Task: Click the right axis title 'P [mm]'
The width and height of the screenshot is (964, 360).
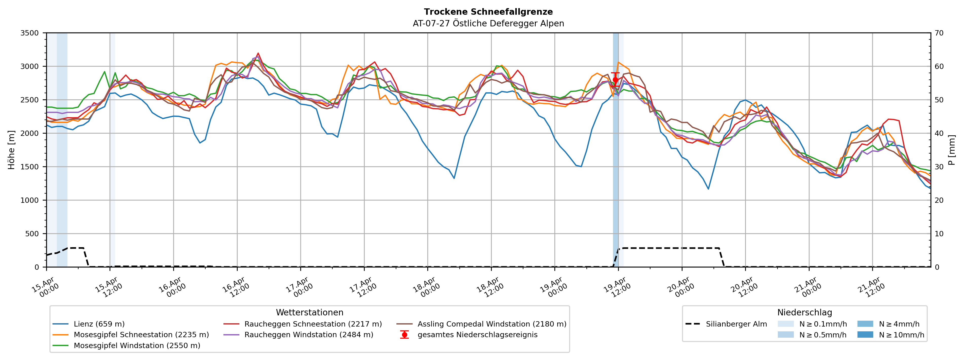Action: pyautogui.click(x=952, y=150)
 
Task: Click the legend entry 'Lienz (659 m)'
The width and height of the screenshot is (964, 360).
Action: pyautogui.click(x=99, y=324)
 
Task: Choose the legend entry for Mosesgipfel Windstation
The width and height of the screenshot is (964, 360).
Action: pyautogui.click(x=137, y=345)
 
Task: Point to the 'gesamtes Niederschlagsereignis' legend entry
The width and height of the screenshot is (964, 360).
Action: pyautogui.click(x=477, y=335)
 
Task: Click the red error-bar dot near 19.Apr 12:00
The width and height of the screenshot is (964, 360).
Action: pyautogui.click(x=615, y=80)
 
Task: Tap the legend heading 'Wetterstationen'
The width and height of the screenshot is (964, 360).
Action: pyautogui.click(x=309, y=313)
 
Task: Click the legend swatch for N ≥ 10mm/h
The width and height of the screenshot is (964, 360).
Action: pyautogui.click(x=865, y=335)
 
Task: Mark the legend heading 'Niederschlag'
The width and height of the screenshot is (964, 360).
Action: pyautogui.click(x=804, y=313)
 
